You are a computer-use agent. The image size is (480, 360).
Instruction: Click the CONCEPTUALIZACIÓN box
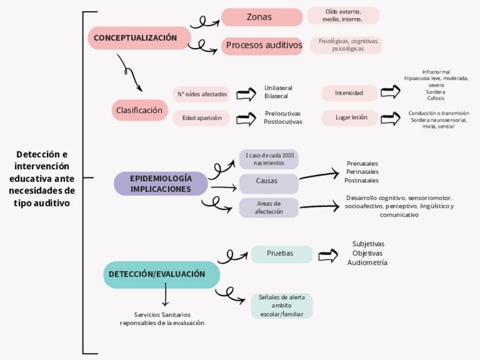click(139, 38)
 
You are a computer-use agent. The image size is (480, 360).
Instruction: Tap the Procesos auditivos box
click(264, 45)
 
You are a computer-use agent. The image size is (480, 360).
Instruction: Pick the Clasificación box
click(140, 110)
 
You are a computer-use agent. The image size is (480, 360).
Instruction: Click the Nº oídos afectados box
click(202, 94)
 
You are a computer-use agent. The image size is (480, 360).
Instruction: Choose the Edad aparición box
click(202, 118)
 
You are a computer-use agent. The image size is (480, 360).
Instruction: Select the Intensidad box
click(349, 93)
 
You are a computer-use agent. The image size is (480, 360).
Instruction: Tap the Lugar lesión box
click(349, 118)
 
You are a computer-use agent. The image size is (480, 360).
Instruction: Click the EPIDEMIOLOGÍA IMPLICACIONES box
click(161, 184)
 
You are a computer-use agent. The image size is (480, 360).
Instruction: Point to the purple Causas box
click(269, 182)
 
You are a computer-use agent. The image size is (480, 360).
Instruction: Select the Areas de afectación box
click(269, 207)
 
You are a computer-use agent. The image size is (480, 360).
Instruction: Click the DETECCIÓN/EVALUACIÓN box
click(161, 275)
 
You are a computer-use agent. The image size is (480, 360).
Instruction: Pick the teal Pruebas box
click(281, 254)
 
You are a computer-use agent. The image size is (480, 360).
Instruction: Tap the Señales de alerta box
click(281, 306)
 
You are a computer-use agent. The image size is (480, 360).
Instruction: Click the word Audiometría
click(367, 263)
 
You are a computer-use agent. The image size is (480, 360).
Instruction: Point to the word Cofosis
click(436, 98)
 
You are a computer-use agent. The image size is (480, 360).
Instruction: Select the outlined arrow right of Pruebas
click(328, 256)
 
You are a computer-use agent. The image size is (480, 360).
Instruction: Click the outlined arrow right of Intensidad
click(391, 92)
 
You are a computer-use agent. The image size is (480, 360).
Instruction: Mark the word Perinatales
click(362, 172)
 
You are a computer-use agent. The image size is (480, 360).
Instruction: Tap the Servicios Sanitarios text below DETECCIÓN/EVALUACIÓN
click(162, 315)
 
